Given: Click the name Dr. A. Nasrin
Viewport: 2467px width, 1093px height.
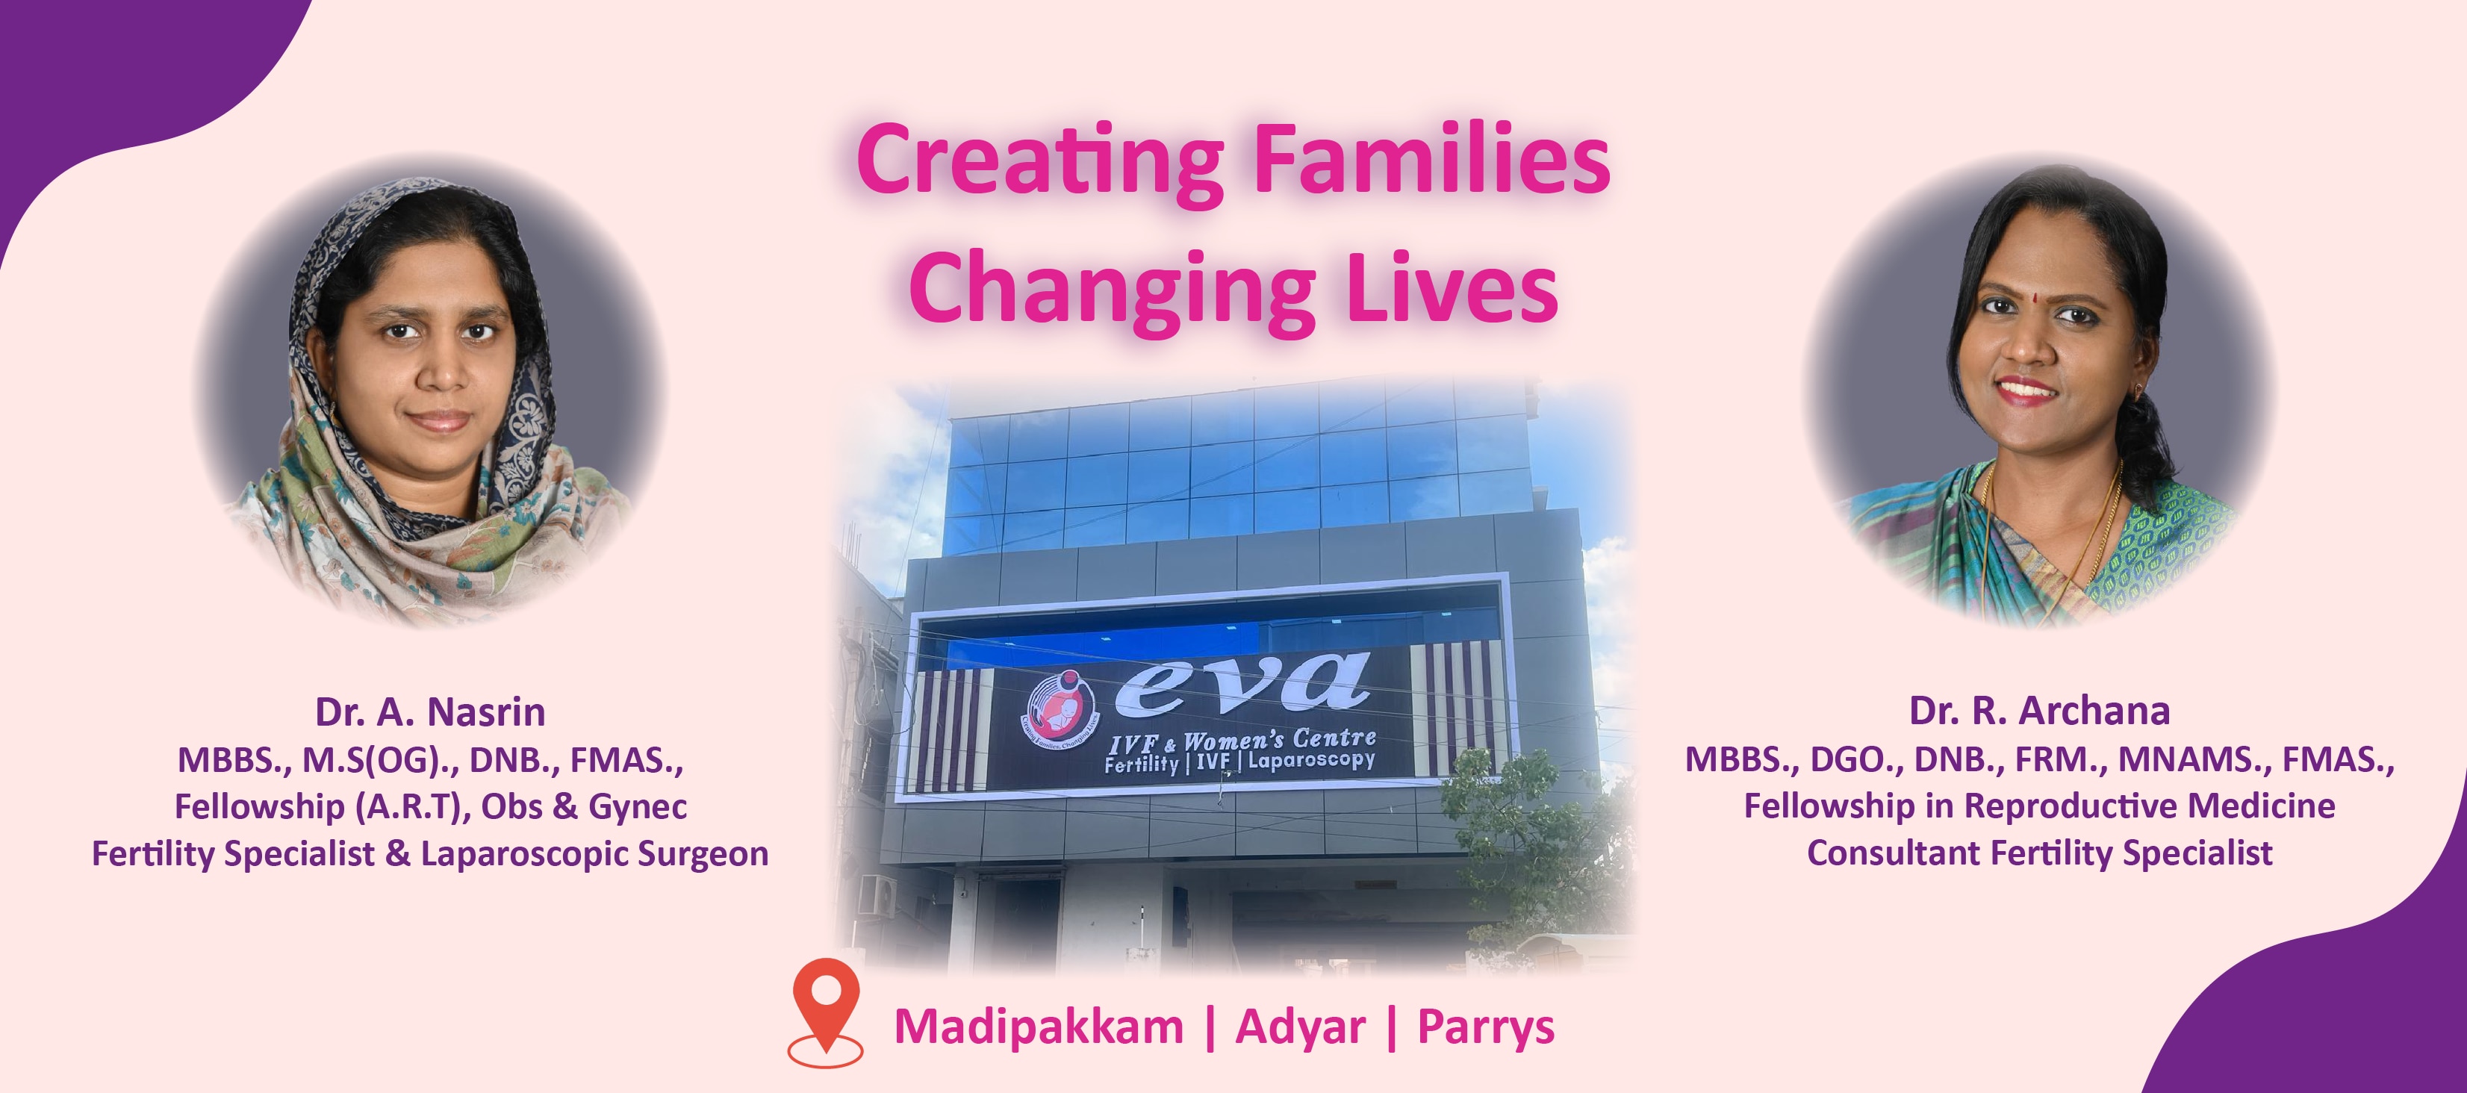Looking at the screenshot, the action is tap(430, 711).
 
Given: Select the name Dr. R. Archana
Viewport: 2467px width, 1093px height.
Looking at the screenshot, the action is tap(2040, 711).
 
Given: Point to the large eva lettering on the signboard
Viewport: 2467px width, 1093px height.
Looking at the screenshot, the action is tap(1243, 684).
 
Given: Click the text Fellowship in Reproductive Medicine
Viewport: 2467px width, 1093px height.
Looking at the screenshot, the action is tap(2039, 806).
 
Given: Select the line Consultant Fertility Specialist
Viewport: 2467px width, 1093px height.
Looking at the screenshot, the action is tap(2039, 853).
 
